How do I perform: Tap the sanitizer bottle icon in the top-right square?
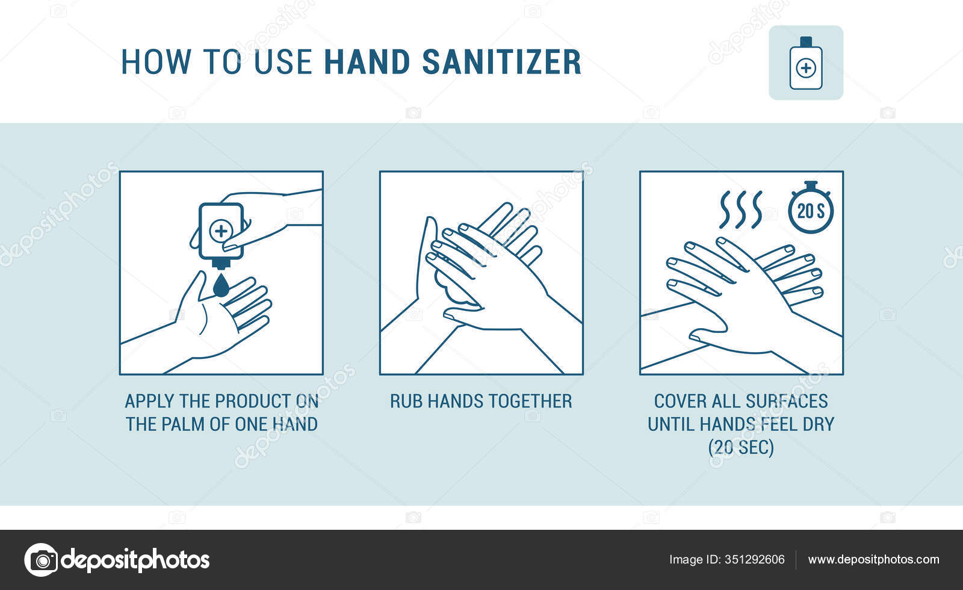point(805,64)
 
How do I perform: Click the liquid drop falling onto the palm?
point(221,286)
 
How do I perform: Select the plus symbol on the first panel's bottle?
point(221,231)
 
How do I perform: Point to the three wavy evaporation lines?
point(741,209)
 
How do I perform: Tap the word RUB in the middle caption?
point(406,401)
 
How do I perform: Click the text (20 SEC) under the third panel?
point(741,447)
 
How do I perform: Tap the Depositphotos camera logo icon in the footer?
point(41,560)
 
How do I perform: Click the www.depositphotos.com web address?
point(873,559)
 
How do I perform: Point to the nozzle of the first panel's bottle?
point(221,264)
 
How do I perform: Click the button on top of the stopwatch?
point(811,184)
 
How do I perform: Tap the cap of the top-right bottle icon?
point(805,41)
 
